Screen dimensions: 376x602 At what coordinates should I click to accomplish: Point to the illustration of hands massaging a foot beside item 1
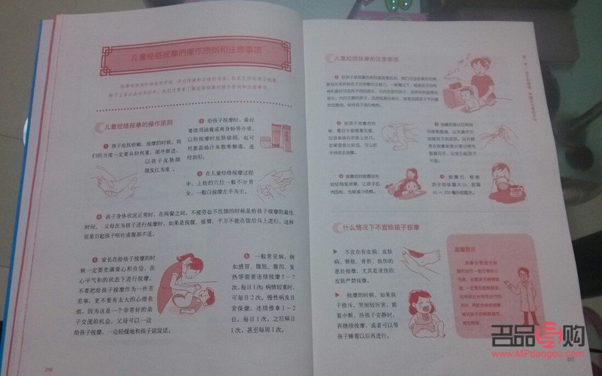click(x=111, y=180)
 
